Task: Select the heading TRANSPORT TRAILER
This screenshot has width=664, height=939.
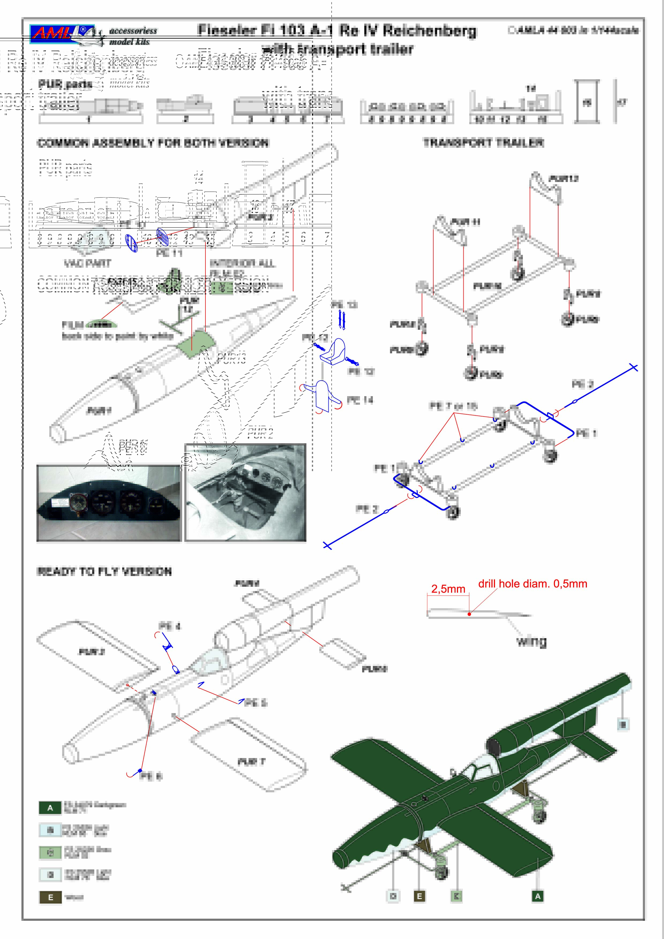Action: [x=483, y=143]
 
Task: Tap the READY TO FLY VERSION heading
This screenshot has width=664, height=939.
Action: [x=104, y=571]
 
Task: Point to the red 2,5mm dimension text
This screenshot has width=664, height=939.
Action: [x=448, y=589]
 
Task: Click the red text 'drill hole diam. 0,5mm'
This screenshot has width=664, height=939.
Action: [x=533, y=584]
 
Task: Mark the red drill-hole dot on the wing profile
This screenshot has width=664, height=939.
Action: [x=469, y=614]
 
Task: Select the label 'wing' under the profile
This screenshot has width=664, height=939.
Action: [x=531, y=641]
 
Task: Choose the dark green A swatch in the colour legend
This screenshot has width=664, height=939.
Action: [x=50, y=808]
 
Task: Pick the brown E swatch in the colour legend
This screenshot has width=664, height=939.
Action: [x=50, y=897]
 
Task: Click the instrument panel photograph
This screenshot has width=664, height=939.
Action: [x=109, y=503]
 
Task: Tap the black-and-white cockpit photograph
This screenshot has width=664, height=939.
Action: [x=245, y=493]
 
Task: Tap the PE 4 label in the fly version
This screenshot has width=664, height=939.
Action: [x=169, y=626]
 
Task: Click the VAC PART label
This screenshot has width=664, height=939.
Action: [x=87, y=263]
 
